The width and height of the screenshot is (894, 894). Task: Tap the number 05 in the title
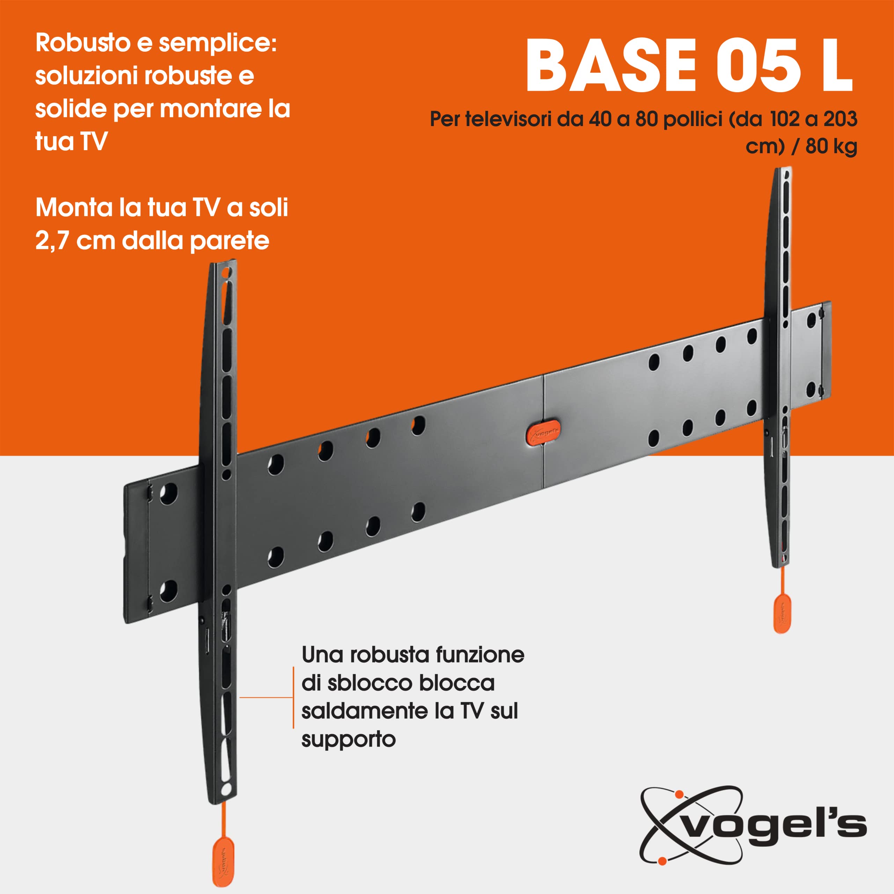tap(759, 66)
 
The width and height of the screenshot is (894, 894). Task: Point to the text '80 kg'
tap(831, 146)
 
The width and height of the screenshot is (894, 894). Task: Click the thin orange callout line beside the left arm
tap(266, 697)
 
